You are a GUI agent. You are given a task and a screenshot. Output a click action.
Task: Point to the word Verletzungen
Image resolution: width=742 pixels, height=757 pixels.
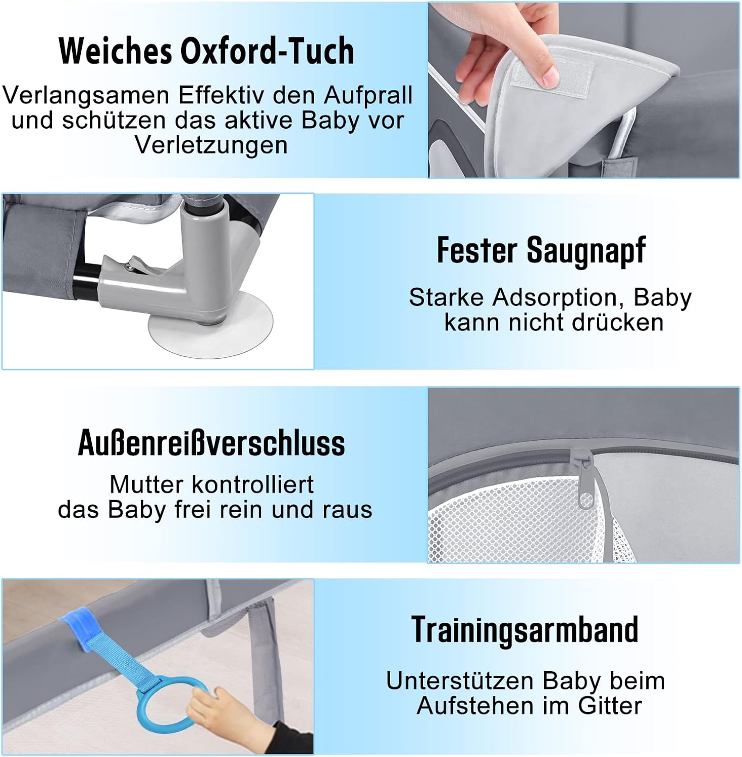click(211, 145)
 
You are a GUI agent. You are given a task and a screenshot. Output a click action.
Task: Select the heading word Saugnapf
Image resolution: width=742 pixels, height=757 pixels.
click(586, 251)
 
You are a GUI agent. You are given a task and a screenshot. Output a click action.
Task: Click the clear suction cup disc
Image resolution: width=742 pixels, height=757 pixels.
click(210, 328)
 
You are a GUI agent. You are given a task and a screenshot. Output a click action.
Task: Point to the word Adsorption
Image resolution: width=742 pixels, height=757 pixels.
click(556, 297)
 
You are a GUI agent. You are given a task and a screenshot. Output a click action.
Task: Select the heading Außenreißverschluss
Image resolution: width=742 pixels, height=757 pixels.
click(211, 443)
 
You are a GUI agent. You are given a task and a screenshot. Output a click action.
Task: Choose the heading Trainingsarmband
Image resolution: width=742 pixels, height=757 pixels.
click(525, 630)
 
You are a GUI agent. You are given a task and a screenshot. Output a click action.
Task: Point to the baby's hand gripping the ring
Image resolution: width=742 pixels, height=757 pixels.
click(222, 712)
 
